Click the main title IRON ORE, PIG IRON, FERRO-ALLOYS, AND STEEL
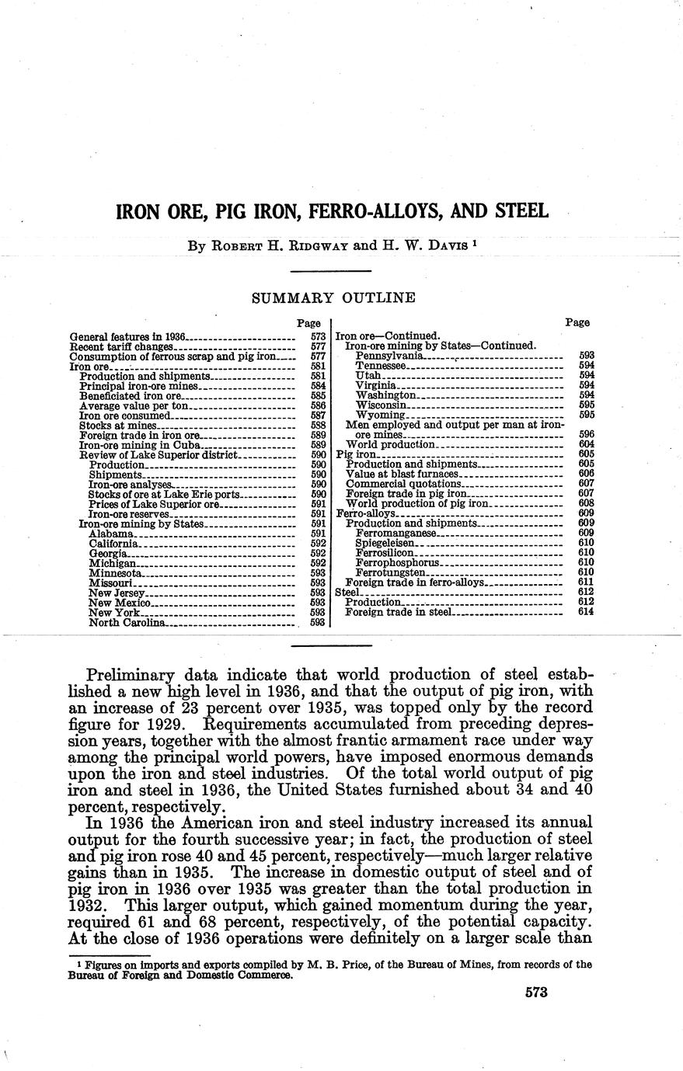point(332,211)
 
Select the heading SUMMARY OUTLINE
point(333,297)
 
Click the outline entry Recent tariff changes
point(116,346)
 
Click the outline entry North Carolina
point(127,623)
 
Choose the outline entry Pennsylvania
point(389,355)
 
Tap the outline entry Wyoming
point(379,415)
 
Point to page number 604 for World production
point(586,443)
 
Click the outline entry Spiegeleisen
point(385,543)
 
